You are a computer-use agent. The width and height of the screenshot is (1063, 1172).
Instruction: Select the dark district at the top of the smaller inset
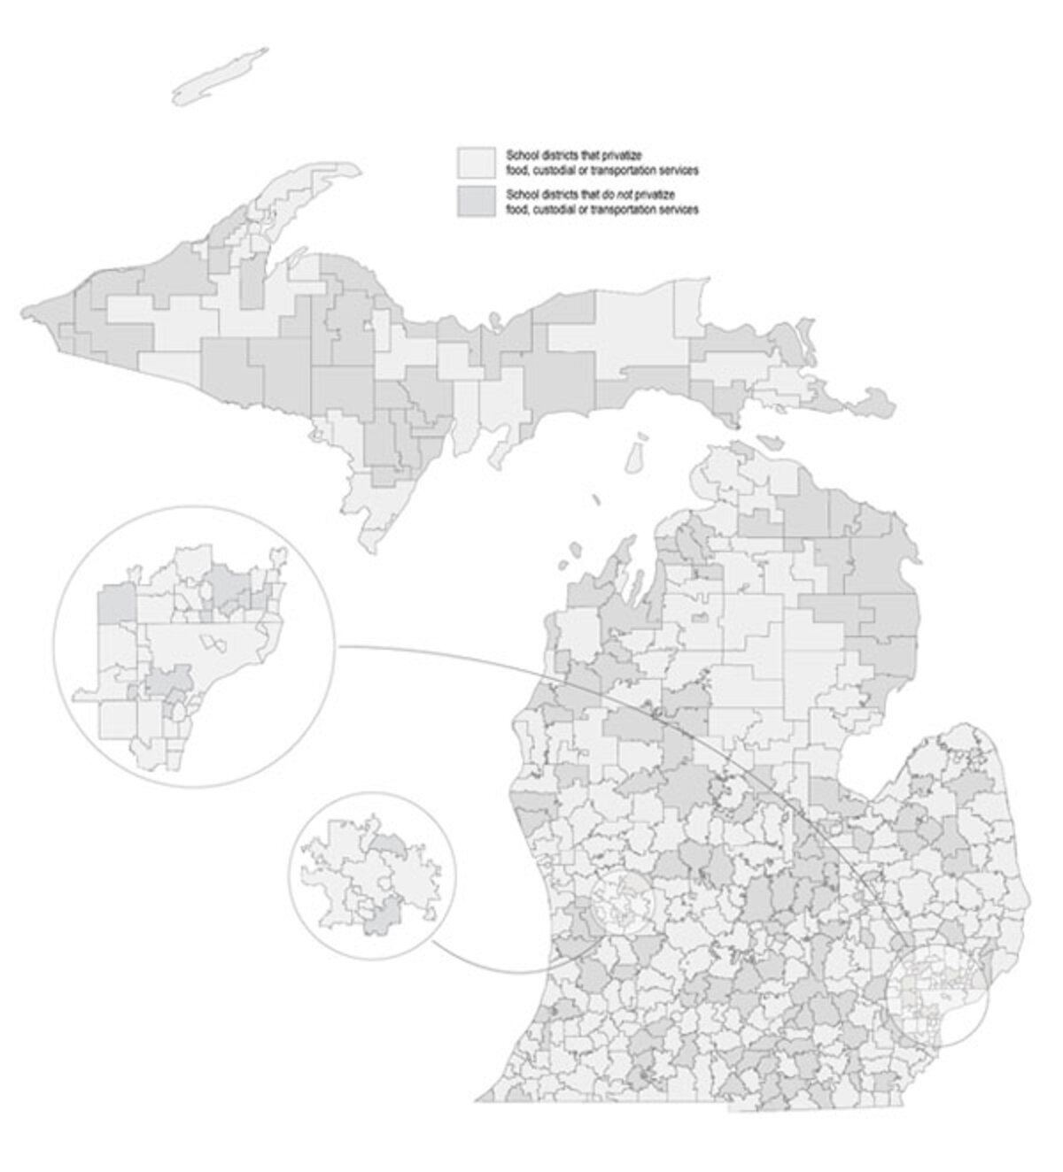tap(390, 844)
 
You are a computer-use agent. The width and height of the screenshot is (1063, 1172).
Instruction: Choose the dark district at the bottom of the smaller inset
tap(377, 925)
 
